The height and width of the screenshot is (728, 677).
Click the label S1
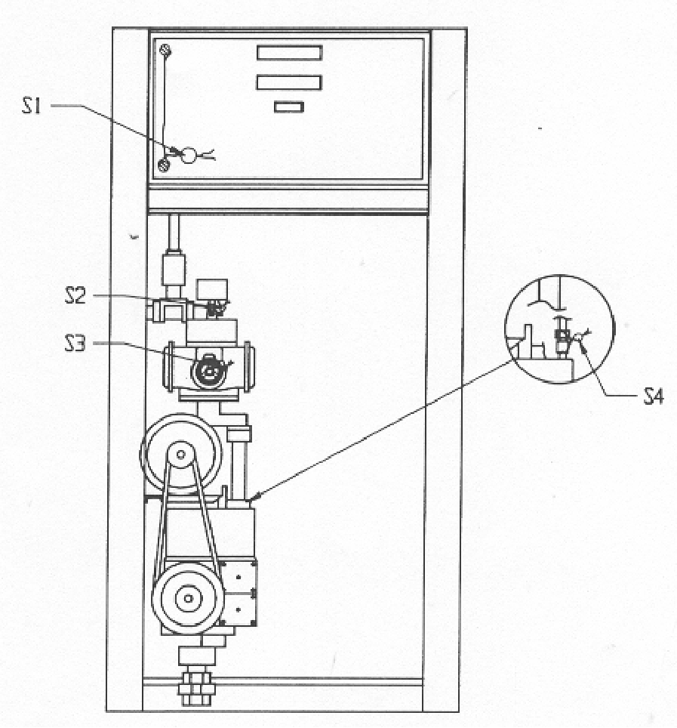pos(32,106)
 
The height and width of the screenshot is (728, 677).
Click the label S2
pos(75,296)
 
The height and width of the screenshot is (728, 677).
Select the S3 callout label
pos(75,344)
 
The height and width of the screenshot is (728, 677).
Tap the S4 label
pos(654,397)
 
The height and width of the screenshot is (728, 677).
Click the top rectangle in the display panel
pos(290,52)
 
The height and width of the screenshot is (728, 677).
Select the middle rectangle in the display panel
pos(289,82)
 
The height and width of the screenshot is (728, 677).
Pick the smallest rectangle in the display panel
pos(288,107)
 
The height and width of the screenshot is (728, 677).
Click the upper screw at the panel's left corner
pos(165,50)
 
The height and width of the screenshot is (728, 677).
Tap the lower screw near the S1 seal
pos(164,165)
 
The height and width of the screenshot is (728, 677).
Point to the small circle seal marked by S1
pos(189,155)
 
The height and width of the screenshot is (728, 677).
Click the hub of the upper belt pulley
pos(180,455)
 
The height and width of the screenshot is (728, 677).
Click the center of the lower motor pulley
pos(188,598)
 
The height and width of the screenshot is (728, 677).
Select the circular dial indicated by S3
pos(209,371)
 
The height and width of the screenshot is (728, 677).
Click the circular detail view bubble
pos(559,329)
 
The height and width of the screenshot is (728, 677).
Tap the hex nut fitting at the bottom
pos(196,689)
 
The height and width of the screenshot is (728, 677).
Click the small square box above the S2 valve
pos(212,290)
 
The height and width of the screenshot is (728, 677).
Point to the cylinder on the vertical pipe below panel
pos(173,268)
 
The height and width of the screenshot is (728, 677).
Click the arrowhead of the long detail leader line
pos(254,498)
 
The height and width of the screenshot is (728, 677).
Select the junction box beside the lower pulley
pos(238,593)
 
